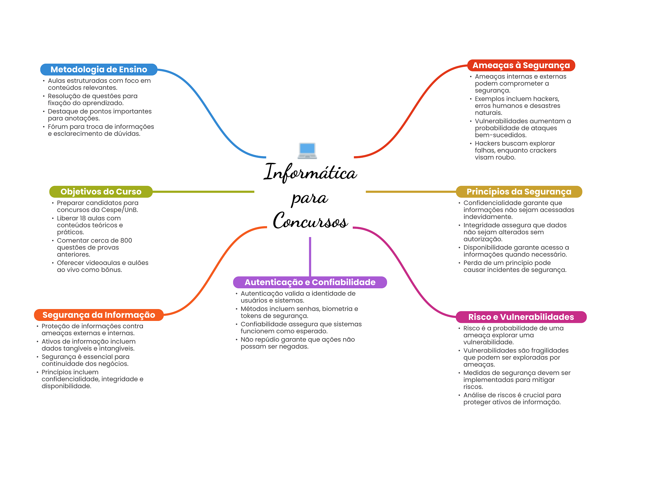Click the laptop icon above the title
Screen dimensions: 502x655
[x=307, y=151]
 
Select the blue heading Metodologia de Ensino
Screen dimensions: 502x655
[x=99, y=69]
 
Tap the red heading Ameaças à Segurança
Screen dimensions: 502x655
[x=521, y=65]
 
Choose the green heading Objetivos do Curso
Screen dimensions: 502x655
[x=101, y=192]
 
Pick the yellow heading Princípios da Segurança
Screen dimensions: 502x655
[x=519, y=192]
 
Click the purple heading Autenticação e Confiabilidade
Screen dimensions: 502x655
[x=310, y=282]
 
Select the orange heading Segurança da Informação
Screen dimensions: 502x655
[x=99, y=315]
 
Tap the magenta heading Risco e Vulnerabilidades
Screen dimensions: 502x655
[x=521, y=317]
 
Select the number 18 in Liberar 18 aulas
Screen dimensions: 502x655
[x=83, y=218]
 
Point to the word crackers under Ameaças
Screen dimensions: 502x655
[x=543, y=150]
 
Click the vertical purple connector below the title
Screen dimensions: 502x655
[x=310, y=256]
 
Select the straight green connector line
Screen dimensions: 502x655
[x=203, y=192]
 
